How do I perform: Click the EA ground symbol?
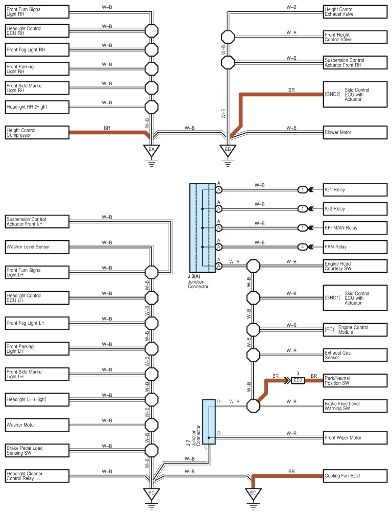151,149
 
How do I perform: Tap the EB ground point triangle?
227,149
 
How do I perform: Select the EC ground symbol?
151,492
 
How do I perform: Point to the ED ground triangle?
253,492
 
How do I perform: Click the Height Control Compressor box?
37,133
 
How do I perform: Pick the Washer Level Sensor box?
37,246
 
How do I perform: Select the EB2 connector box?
297,380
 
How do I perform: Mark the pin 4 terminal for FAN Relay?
303,247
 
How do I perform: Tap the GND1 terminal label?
332,298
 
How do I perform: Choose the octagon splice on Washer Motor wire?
151,425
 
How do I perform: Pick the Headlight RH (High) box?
37,107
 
